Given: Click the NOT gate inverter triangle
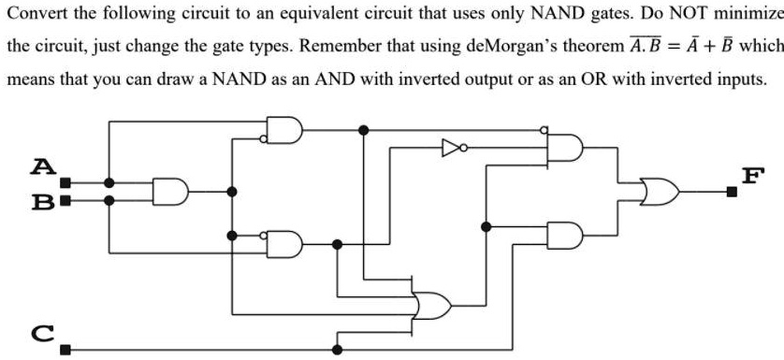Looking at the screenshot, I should tap(450, 147).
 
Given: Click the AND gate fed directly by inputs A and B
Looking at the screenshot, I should tap(170, 191).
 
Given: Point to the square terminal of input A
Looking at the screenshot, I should tap(65, 183).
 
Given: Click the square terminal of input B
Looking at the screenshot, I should tap(65, 199).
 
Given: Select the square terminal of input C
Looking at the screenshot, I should tap(65, 350).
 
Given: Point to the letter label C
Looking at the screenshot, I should tap(39, 329).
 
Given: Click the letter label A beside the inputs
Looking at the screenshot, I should tap(39, 166).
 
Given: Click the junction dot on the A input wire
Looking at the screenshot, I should tap(109, 183).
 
